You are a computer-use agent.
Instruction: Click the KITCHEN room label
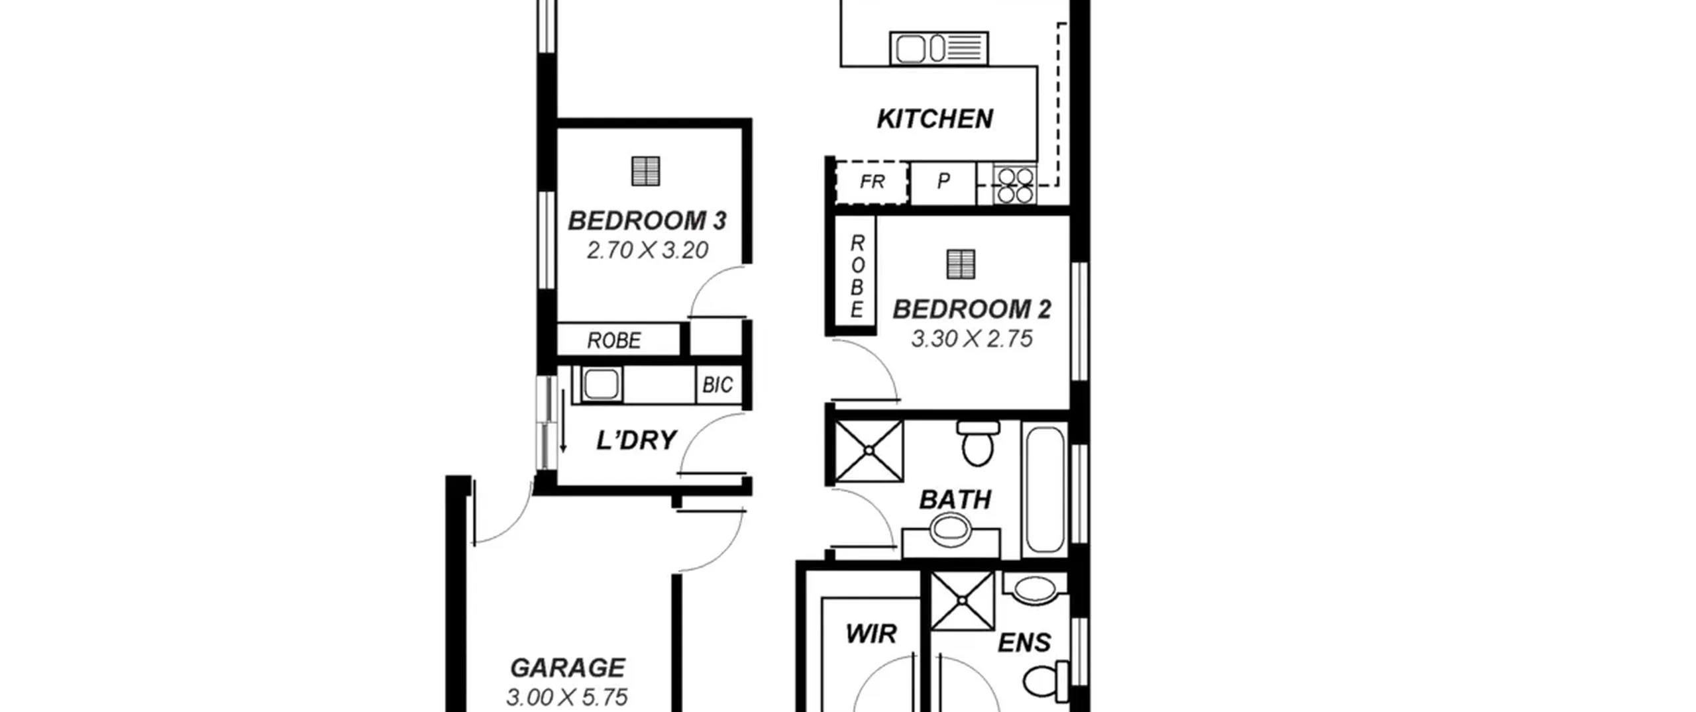(935, 119)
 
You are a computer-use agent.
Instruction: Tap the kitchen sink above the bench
(939, 48)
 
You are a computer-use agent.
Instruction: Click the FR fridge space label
(872, 181)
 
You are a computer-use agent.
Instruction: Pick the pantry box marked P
(943, 183)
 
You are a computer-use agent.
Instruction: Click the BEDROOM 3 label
(647, 221)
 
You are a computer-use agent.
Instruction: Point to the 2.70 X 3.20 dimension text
(647, 250)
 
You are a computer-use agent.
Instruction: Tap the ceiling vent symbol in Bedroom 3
(645, 171)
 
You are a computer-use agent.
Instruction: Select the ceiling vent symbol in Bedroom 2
(961, 264)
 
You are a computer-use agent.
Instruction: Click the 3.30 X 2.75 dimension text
(972, 339)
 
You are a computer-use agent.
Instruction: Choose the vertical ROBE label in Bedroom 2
(857, 276)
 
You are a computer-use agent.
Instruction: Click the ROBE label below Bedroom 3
(614, 340)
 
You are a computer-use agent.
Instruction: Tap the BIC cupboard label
(717, 385)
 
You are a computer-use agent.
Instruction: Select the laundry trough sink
(602, 384)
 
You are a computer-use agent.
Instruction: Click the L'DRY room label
(636, 440)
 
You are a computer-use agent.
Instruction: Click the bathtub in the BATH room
(1044, 489)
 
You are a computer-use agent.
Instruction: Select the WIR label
(871, 634)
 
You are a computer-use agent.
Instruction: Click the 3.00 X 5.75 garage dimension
(567, 697)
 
